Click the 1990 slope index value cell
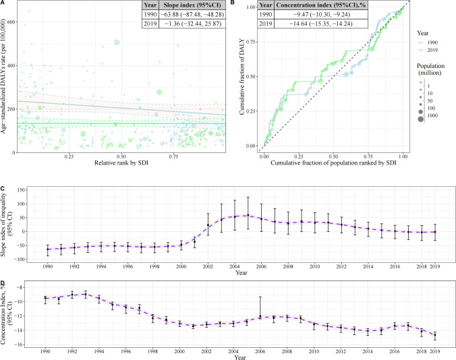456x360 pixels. pos(192,15)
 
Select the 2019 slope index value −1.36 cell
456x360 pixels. pos(192,24)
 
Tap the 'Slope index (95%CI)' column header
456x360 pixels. pos(192,5)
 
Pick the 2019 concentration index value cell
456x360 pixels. pos(321,24)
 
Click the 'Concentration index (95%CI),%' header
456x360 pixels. pos(321,5)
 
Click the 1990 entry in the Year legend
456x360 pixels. pos(428,42)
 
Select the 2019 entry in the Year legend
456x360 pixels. pos(428,50)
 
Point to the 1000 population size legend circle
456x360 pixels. pos(420,119)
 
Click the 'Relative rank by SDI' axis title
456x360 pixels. pos(121,162)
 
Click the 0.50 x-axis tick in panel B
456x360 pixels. pos(333,156)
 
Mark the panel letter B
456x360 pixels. pos(232,2)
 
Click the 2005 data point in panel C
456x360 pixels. pos(248,215)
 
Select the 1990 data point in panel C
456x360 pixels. pos(48,249)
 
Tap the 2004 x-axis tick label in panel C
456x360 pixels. pos(234,266)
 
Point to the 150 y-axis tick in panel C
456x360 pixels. pos(22,190)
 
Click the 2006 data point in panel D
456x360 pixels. pos(260,316)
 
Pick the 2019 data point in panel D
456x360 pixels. pos(435,335)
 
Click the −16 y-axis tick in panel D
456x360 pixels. pos(20,344)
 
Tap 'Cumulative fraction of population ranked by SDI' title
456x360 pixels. pos(333,162)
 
